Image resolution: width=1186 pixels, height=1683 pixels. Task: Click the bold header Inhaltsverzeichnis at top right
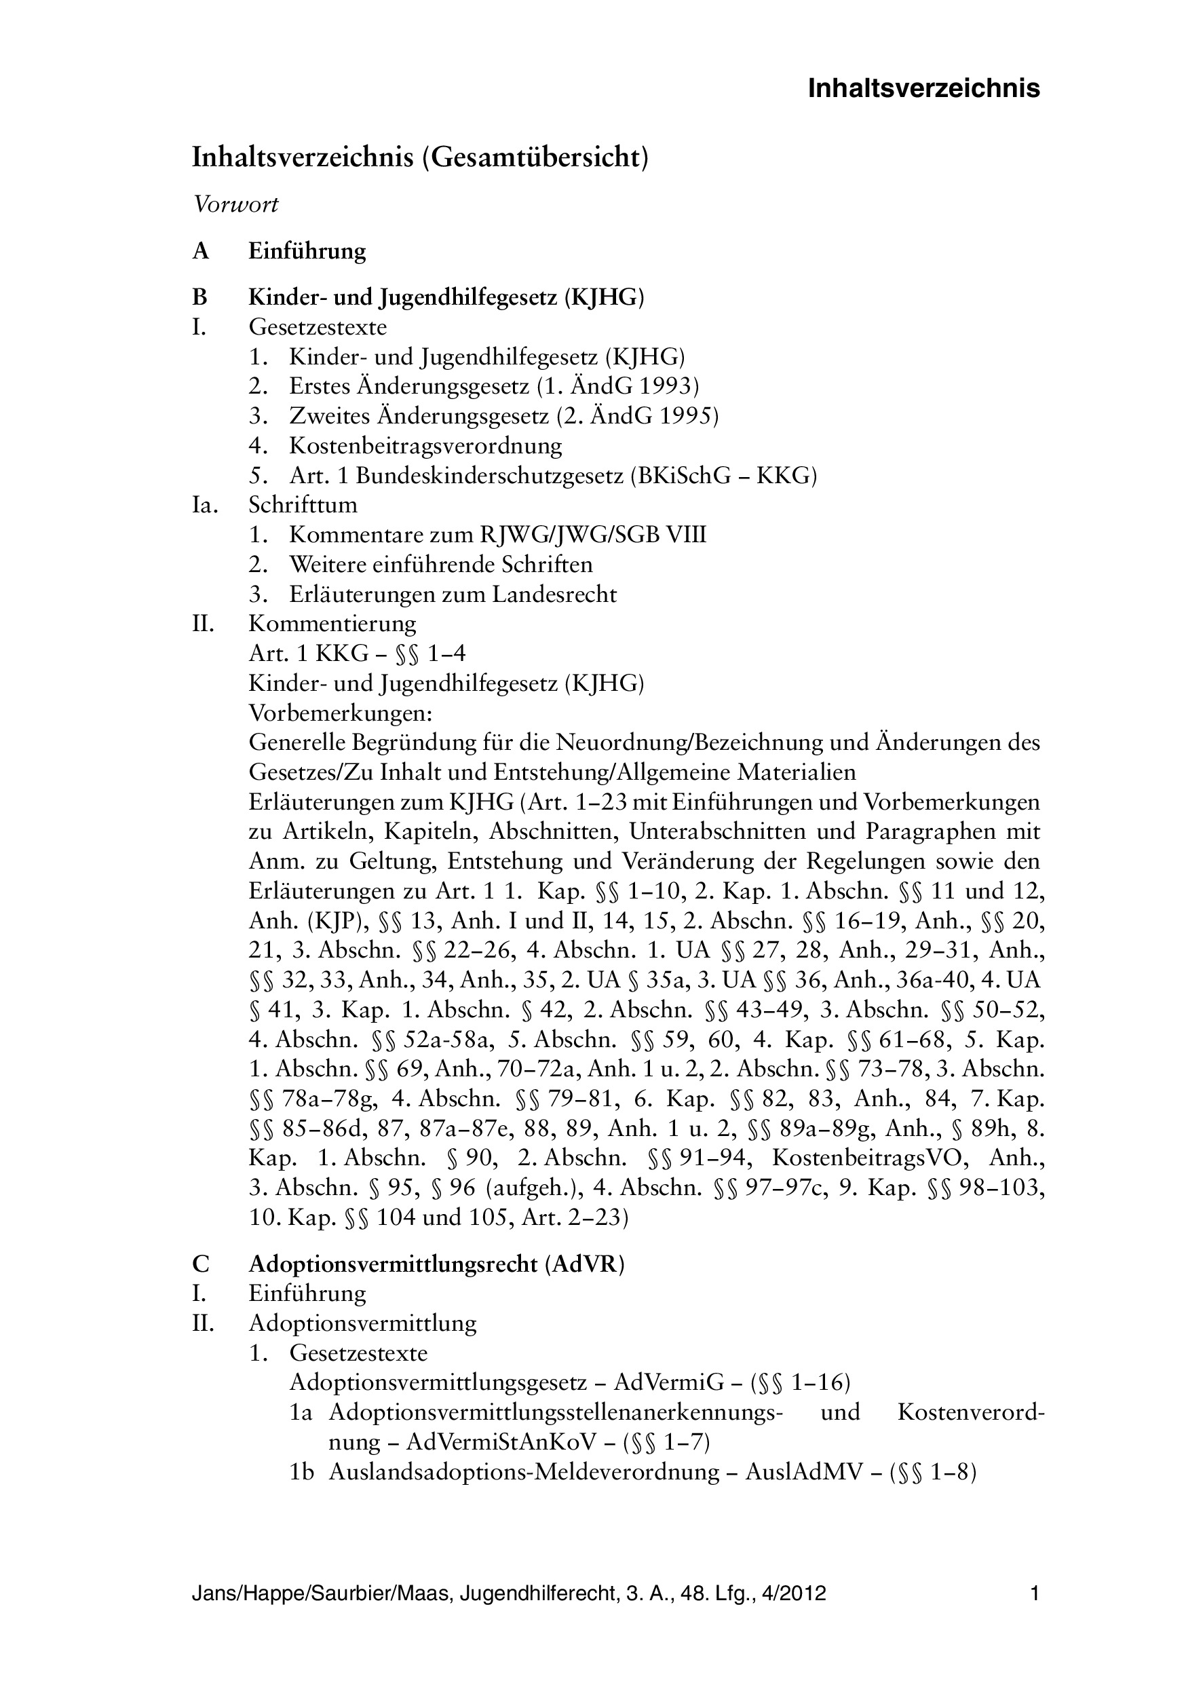click(x=923, y=89)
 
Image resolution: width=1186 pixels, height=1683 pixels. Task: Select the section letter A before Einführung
click(x=201, y=251)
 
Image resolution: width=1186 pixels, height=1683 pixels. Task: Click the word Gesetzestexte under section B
click(x=318, y=326)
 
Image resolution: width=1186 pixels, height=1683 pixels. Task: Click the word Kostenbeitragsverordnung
click(x=425, y=446)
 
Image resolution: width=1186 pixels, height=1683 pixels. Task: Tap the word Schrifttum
click(x=303, y=505)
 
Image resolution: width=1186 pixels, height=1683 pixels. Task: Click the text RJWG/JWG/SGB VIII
click(x=593, y=535)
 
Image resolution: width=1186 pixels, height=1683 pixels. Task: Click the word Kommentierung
click(x=332, y=624)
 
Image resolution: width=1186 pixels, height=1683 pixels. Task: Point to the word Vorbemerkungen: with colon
click(x=340, y=713)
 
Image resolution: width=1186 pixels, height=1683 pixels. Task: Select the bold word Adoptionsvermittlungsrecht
click(x=393, y=1264)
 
